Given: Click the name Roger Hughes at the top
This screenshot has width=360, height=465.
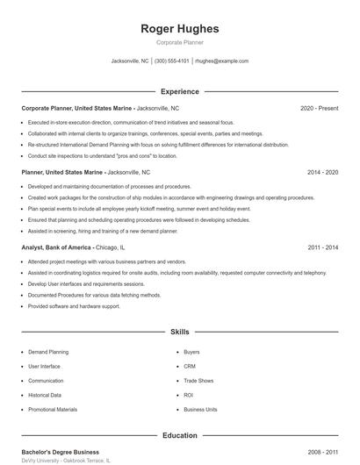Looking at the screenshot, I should tap(180, 29).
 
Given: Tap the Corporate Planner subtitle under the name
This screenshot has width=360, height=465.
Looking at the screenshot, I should tap(180, 42).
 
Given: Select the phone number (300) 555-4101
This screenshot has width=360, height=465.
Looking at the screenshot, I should tap(172, 61).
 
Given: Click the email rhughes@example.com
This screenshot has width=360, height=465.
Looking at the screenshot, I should tap(221, 61).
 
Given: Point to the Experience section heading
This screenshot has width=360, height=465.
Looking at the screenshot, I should tap(180, 91).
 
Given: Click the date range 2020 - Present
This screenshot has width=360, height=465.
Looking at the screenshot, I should tap(319, 108).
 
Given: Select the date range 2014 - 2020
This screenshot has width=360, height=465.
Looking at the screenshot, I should tap(322, 173).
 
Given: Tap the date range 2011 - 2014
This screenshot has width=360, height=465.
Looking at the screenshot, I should tap(323, 248).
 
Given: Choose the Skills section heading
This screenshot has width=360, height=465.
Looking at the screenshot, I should tap(180, 333).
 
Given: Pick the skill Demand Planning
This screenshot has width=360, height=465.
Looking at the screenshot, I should tap(47, 352).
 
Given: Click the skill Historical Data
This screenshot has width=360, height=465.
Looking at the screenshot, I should tap(45, 396).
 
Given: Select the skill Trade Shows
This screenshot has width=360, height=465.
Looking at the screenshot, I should tap(198, 381).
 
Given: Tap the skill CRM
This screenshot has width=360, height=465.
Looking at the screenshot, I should tap(190, 366).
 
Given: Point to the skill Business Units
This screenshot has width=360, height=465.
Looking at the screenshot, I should tap(201, 410).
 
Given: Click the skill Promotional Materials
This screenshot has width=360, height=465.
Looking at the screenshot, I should tap(53, 410).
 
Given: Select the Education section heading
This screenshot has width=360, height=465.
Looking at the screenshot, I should tap(180, 435).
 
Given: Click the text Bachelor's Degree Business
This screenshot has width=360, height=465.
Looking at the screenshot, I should tap(61, 452).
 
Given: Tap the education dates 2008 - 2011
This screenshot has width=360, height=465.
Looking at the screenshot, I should tap(322, 452).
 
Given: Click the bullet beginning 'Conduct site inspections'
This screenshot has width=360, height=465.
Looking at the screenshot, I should tap(102, 155).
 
